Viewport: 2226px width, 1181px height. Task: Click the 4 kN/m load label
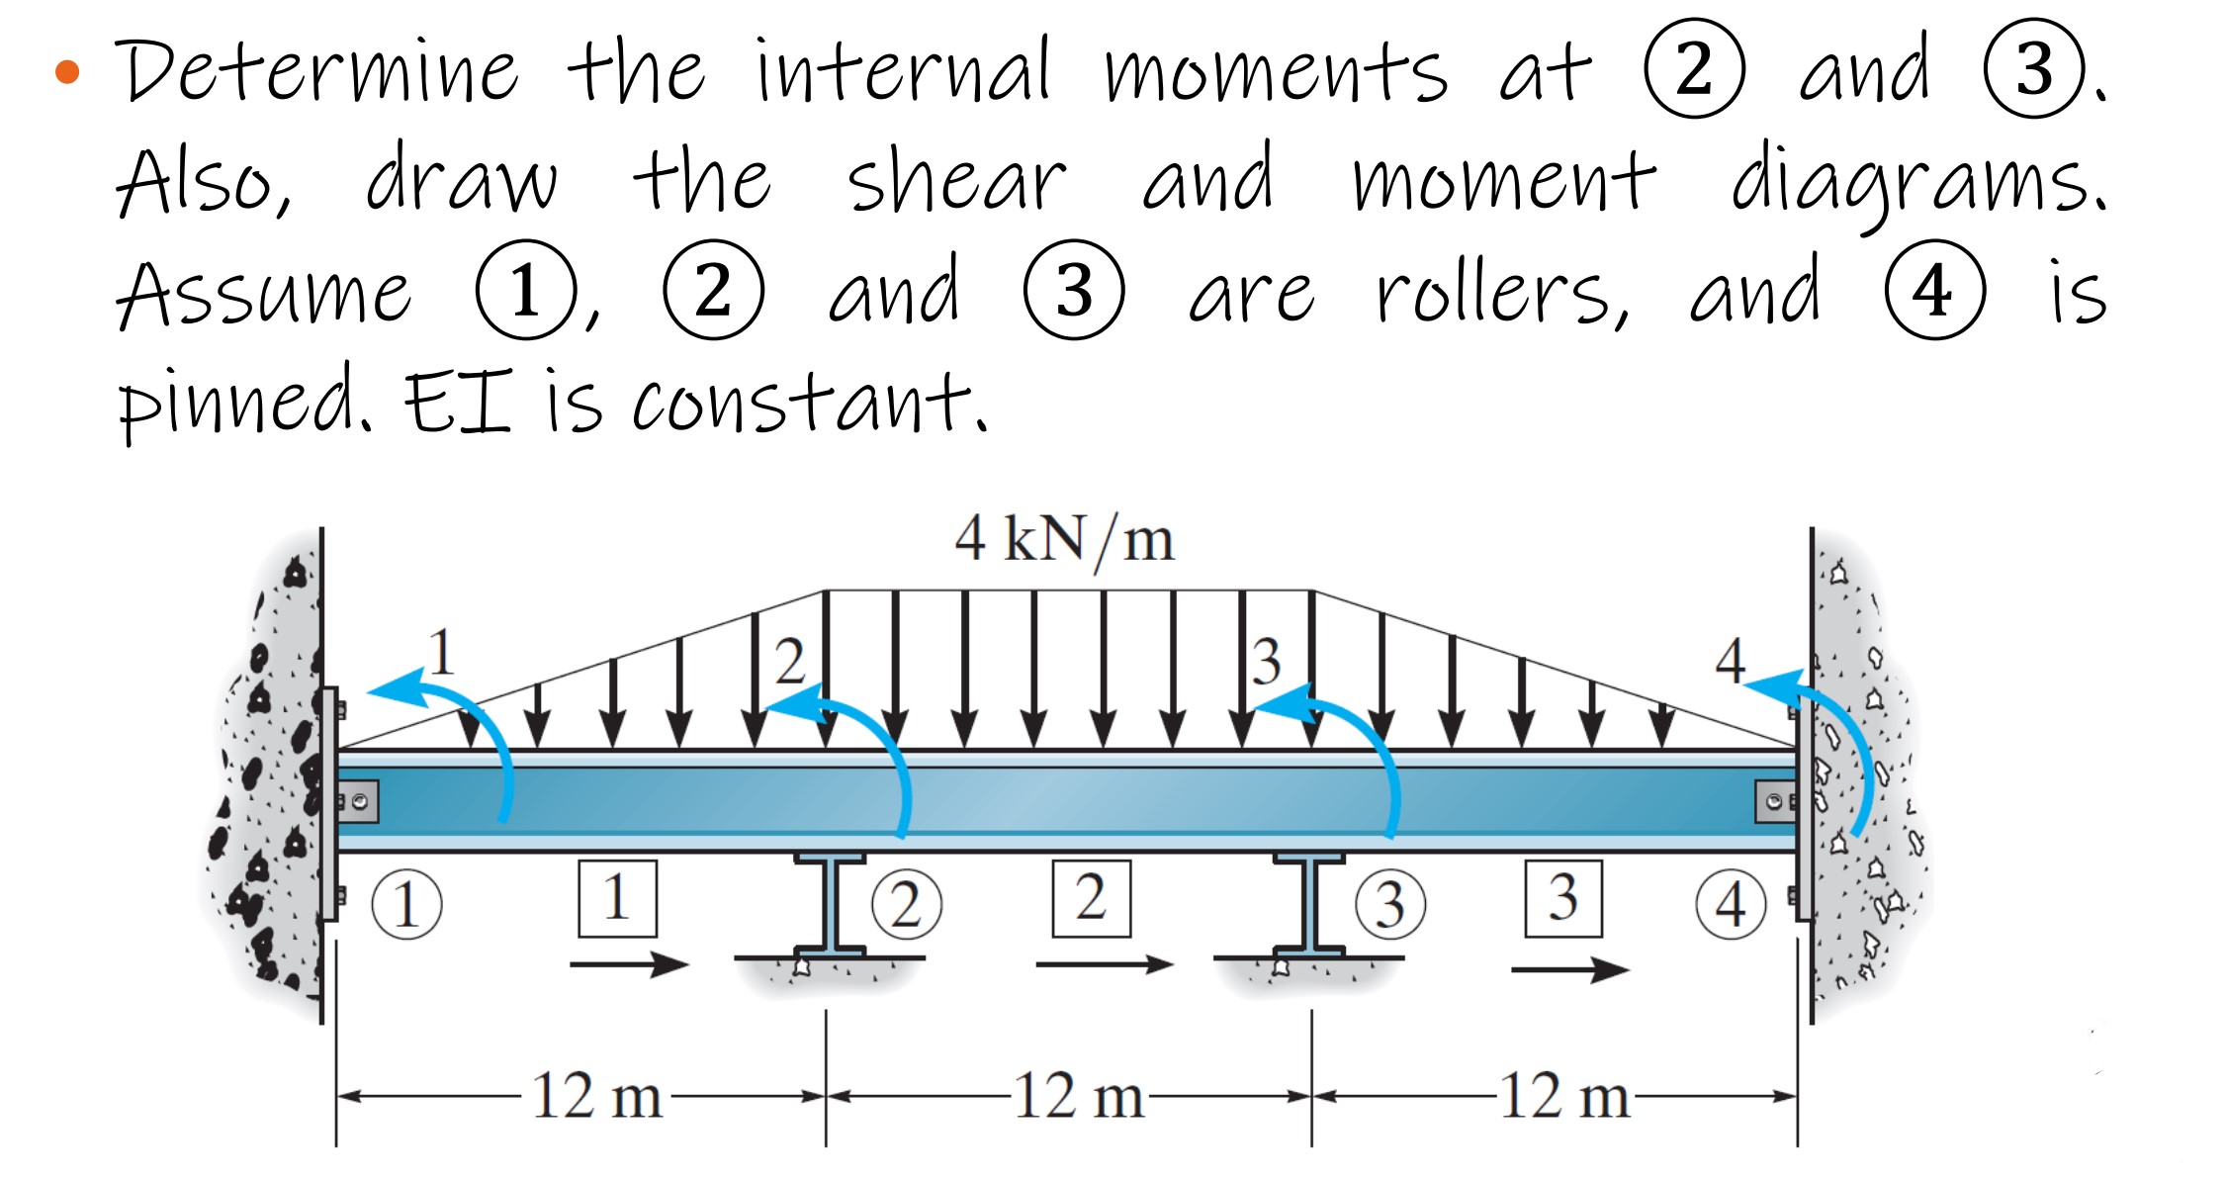pos(1064,540)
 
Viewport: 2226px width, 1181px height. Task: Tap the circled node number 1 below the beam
pos(406,904)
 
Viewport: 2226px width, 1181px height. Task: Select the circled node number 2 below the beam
pos(906,904)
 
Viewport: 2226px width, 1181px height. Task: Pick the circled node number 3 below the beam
pos(1389,904)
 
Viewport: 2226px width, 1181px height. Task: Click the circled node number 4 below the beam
pos(1730,904)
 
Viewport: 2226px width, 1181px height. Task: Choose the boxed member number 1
pos(617,898)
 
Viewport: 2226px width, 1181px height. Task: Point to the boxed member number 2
pos(1091,898)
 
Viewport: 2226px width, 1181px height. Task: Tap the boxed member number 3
pos(1562,898)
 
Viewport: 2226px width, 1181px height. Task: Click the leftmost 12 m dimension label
pos(596,1096)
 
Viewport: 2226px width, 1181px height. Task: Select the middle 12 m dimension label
pos(1079,1096)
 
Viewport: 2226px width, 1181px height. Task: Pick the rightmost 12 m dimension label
pos(1564,1096)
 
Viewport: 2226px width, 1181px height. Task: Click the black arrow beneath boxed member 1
pos(629,963)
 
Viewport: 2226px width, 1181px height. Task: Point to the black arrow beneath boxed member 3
pos(1569,969)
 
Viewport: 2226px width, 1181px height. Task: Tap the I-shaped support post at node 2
pos(830,905)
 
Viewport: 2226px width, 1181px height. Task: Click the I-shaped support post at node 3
pos(1308,905)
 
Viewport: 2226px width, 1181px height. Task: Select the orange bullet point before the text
pos(67,71)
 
